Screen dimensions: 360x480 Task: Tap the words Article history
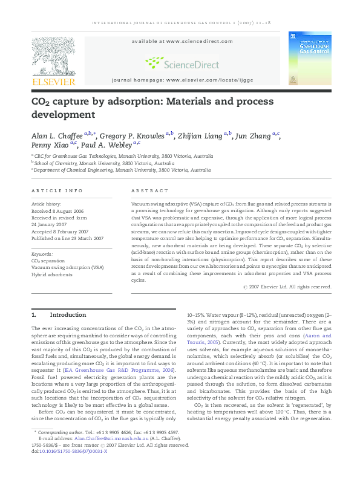(46, 205)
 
